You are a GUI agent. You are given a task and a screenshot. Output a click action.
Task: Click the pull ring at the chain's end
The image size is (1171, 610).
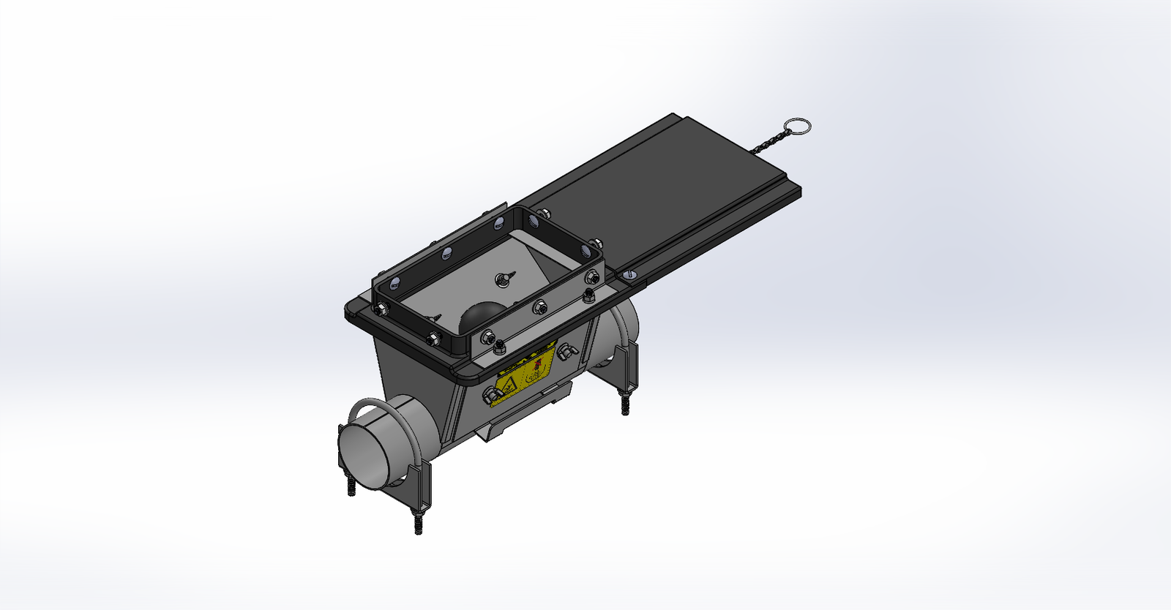(x=797, y=128)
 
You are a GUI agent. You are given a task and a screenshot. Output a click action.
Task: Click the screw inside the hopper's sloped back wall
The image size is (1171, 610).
(x=503, y=277)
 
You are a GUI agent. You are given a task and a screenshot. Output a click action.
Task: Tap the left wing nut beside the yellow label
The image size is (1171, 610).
(x=493, y=396)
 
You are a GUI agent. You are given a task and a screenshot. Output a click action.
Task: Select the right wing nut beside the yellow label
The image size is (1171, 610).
(x=567, y=353)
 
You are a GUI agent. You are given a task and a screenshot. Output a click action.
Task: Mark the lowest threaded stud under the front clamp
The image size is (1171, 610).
(x=418, y=524)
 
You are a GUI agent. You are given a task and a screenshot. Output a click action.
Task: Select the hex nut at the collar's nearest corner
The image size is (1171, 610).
(x=486, y=339)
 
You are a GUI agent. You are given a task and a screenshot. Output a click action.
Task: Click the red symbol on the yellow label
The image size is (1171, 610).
(x=539, y=363)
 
